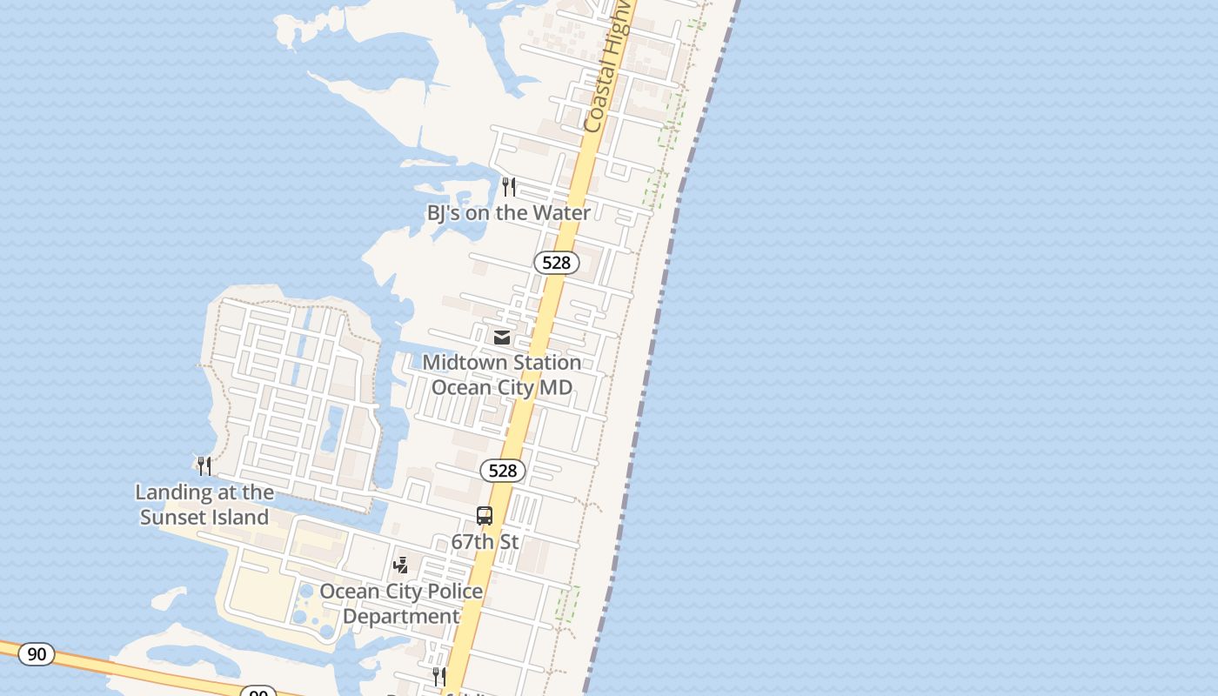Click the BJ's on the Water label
click(x=508, y=213)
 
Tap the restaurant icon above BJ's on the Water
click(x=509, y=186)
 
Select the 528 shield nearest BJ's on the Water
click(x=556, y=263)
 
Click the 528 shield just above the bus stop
click(x=502, y=471)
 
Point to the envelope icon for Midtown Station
click(x=502, y=337)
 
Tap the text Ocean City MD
click(x=502, y=387)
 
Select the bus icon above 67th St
click(x=485, y=516)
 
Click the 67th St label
click(x=485, y=542)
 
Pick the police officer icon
click(x=400, y=565)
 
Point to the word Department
click(x=401, y=617)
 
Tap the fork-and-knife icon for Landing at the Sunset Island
click(x=204, y=466)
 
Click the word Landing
click(x=170, y=492)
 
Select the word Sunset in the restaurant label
click(x=173, y=518)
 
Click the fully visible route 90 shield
click(x=37, y=654)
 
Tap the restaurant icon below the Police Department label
click(x=439, y=676)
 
